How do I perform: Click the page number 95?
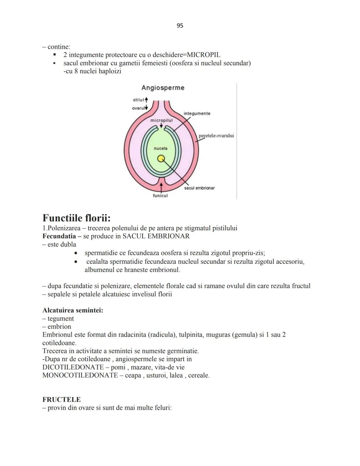pos(180,26)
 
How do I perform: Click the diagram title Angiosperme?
pos(163,88)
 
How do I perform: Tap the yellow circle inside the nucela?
pos(161,158)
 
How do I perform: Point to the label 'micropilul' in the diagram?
pos(161,120)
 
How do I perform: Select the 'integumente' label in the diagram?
pos(197,113)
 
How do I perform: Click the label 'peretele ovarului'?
pos(216,136)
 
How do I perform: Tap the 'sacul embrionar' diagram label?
pos(199,188)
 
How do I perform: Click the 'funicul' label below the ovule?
pos(160,196)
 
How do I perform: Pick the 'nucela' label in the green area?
pos(160,148)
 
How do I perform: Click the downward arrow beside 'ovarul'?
pos(146,108)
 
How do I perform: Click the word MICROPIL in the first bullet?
pos(204,55)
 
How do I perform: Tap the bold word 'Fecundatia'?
pos(59,236)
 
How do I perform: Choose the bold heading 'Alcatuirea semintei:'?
pos(73,310)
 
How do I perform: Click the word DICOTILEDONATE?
pos(73,367)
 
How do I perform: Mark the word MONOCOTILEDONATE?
pos(80,375)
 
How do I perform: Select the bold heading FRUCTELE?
pos(61,400)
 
